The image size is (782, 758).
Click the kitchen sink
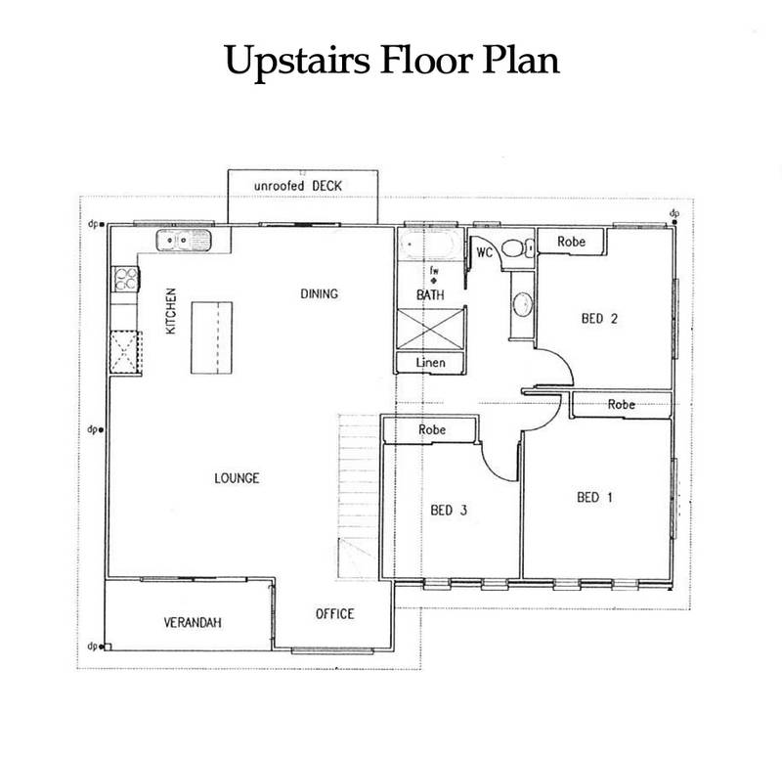point(184,241)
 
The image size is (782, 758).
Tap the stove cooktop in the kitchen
point(125,279)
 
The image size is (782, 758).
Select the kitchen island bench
point(212,337)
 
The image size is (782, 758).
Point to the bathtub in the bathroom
point(427,244)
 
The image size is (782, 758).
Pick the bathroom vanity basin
point(522,304)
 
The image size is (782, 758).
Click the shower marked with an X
point(431,329)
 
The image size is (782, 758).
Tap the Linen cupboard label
point(431,363)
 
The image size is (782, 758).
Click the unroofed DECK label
point(298,186)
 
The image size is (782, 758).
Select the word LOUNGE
point(237,478)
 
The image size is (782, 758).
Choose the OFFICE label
point(334,614)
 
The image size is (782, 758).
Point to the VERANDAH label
point(193,622)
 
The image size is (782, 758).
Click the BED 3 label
point(449,510)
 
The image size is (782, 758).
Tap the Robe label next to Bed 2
point(571,242)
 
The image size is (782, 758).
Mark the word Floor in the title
point(425,60)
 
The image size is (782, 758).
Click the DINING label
point(320,294)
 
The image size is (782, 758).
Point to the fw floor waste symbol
point(434,276)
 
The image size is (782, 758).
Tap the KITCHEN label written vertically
point(171,311)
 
